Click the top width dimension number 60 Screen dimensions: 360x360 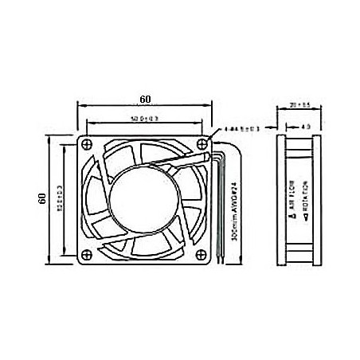click(x=144, y=100)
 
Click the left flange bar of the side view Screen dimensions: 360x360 click(x=281, y=199)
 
